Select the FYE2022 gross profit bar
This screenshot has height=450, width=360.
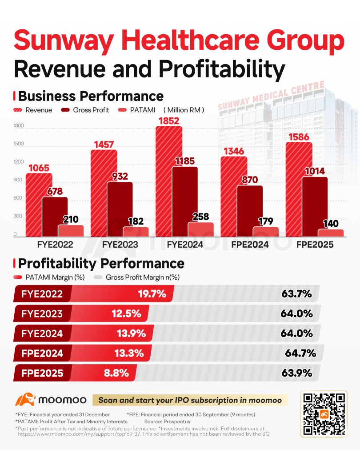click(55, 217)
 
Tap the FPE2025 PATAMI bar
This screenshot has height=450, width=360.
click(331, 233)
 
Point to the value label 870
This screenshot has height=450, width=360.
click(250, 180)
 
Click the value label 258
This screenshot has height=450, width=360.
click(200, 217)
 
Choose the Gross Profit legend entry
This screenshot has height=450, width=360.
click(85, 110)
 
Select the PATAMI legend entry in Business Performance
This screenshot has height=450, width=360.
click(136, 110)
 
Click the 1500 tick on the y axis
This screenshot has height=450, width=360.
click(19, 144)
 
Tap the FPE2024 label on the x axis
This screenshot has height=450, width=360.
click(250, 245)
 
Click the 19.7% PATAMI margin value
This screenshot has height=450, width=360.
click(152, 293)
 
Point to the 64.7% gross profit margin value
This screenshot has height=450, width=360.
click(300, 353)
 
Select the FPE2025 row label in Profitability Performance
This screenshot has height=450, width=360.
click(42, 373)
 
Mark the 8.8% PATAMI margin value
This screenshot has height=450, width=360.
click(116, 373)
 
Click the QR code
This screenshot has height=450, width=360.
click(324, 414)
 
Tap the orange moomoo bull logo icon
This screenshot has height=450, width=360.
click(25, 399)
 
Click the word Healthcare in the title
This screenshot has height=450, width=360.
click(191, 40)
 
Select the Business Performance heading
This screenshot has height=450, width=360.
click(91, 96)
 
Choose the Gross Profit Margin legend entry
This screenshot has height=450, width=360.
click(136, 277)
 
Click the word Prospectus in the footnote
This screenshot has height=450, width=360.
click(177, 422)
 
